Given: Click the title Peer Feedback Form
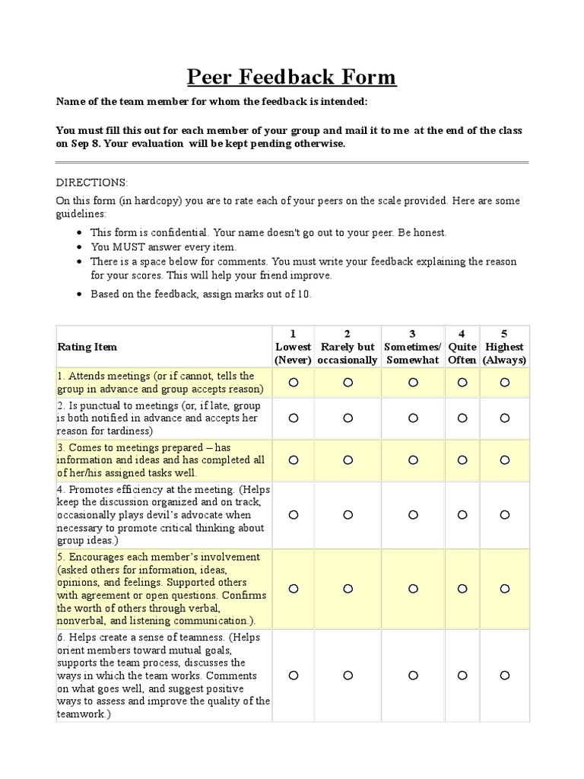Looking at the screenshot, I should click(x=292, y=77).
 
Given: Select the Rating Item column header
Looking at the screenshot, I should click(x=87, y=347).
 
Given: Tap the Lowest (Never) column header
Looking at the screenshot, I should click(x=294, y=347).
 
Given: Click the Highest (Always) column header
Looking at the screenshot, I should click(x=504, y=347).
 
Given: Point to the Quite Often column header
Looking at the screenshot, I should click(x=462, y=347).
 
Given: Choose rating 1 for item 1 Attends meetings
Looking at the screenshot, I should click(x=294, y=383).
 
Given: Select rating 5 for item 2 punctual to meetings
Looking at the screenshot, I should click(x=505, y=418).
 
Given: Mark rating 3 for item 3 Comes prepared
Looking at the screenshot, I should click(x=413, y=460).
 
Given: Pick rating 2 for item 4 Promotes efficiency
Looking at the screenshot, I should click(x=348, y=515).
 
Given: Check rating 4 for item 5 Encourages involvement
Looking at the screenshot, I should click(x=462, y=588).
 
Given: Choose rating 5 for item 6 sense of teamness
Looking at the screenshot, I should click(x=505, y=675).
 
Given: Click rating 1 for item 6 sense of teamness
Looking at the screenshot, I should click(x=294, y=675).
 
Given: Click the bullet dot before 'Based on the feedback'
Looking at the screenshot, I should click(x=81, y=294).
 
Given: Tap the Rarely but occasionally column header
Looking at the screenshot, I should click(x=348, y=347).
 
